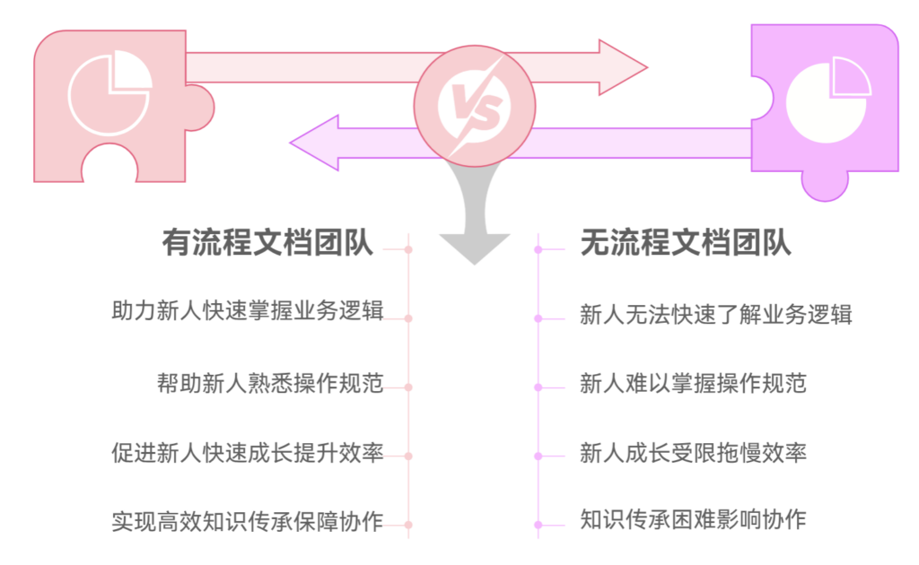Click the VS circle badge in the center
coord(474,105)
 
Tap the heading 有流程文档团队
coord(267,242)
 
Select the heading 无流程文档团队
coord(686,242)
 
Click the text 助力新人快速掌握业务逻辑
coord(248,311)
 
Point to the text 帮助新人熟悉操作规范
coord(269,383)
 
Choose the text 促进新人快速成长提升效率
coord(248,453)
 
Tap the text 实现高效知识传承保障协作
coord(248,521)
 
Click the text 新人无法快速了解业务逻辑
coord(715,315)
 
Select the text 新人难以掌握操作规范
coord(693,384)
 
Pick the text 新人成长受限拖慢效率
coord(693,453)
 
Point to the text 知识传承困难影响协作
coord(693,518)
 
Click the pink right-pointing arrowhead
coord(623,67)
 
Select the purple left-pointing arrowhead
coord(313,143)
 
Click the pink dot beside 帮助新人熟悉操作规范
coord(408,387)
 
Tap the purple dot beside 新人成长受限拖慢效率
coord(538,456)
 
